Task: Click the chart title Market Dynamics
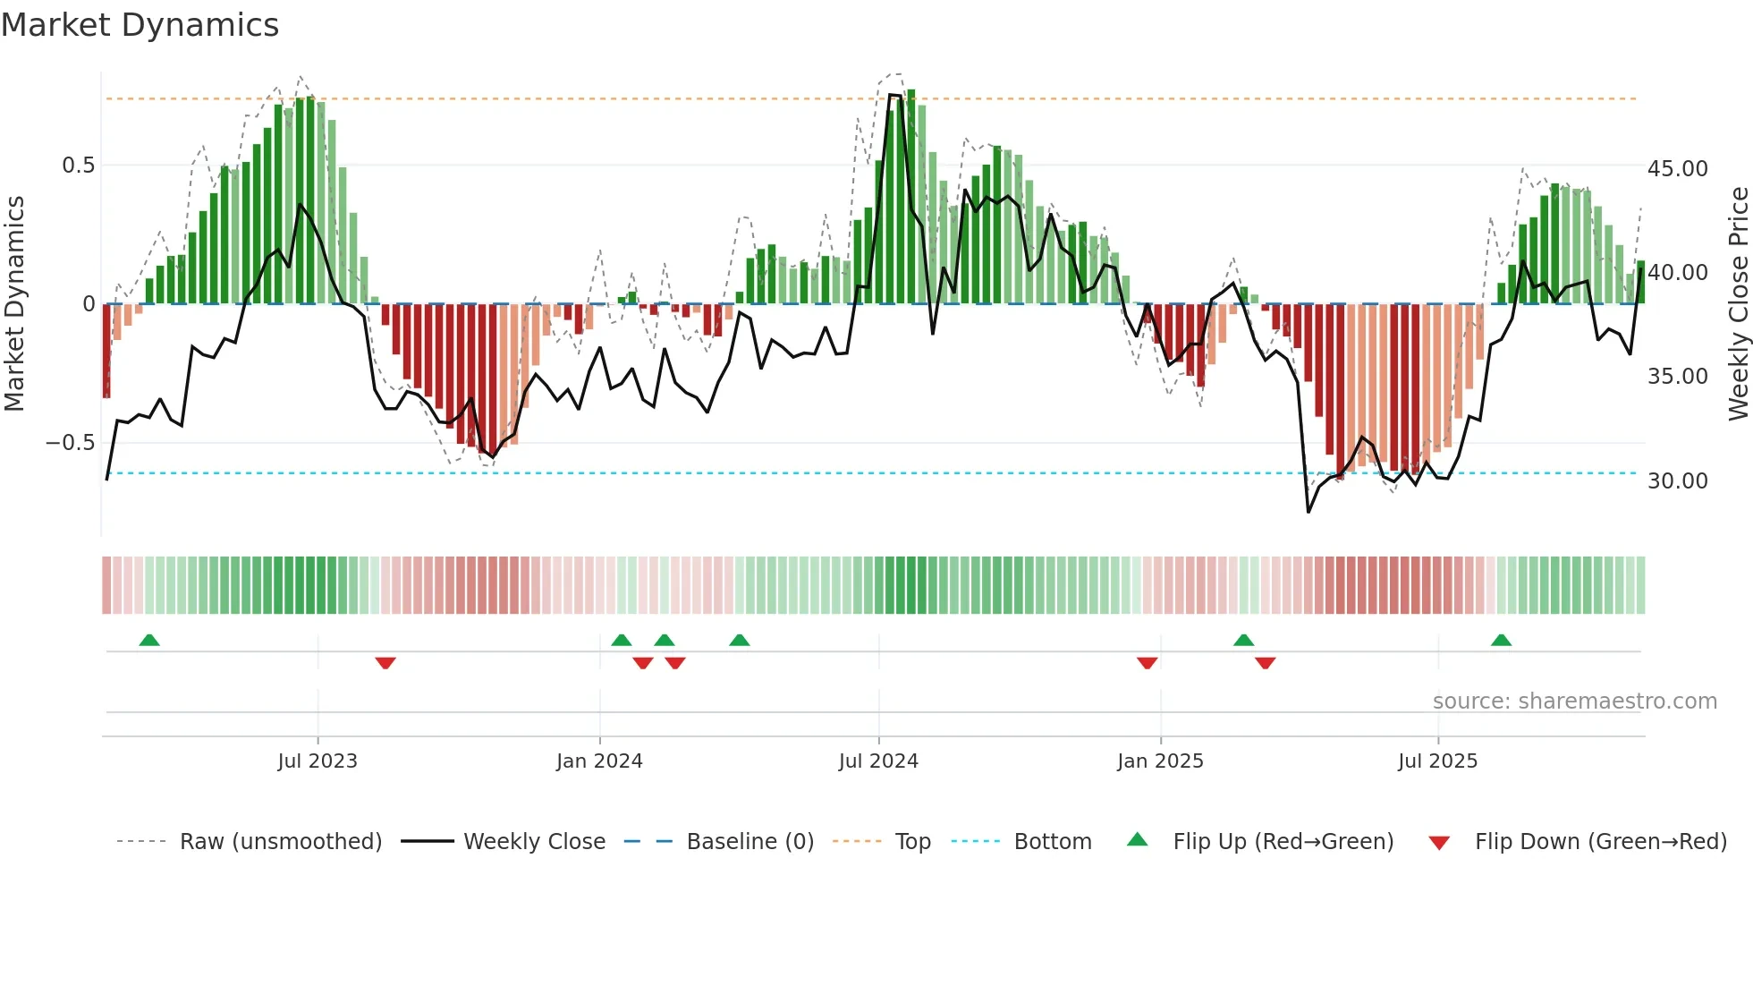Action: coord(140,25)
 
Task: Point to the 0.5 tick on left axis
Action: coord(78,166)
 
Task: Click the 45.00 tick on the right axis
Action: coord(1677,169)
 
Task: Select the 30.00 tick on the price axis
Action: coord(1677,481)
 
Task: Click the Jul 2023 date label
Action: coord(318,761)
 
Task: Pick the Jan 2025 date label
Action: coord(1160,761)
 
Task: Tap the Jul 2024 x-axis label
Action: coord(878,761)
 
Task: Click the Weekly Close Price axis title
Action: coord(1738,304)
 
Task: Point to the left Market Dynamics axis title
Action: coord(14,304)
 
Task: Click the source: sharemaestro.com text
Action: coord(1574,701)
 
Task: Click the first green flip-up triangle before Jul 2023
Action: coord(149,641)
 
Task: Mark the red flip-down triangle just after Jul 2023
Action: coord(385,663)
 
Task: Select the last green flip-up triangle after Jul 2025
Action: coord(1501,641)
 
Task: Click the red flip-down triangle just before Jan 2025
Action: coord(1147,663)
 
